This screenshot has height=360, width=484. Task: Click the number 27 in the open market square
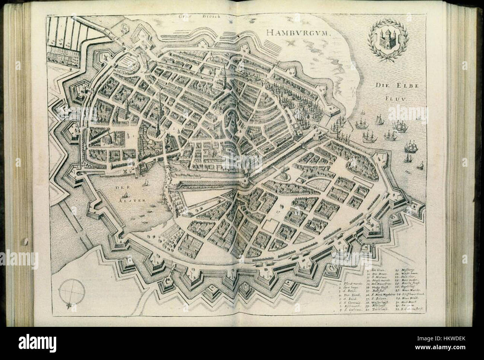pos(277,210)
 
